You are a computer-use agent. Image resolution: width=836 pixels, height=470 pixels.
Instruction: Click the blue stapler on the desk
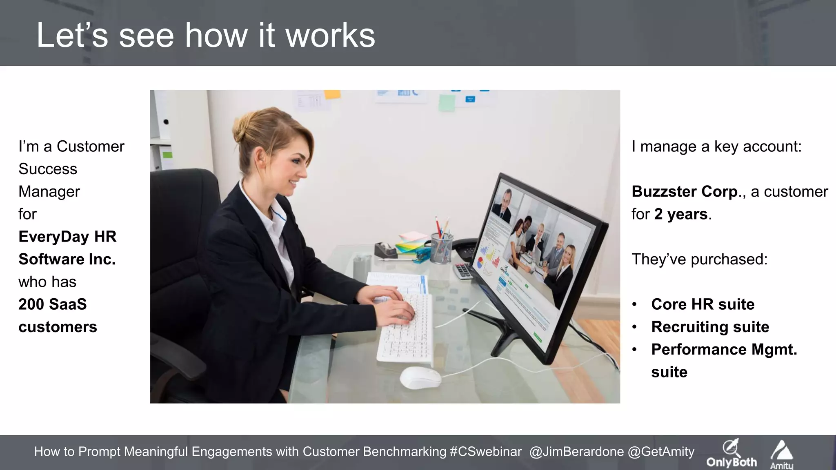click(420, 257)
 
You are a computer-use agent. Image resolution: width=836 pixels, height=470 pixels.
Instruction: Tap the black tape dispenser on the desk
click(385, 249)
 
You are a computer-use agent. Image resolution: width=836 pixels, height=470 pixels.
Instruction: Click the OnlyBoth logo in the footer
click(731, 454)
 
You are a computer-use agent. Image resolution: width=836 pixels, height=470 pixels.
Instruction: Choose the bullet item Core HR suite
click(703, 304)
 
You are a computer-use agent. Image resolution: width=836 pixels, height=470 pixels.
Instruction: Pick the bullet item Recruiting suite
click(710, 327)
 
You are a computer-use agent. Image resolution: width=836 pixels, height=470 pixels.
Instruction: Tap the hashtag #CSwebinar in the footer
click(485, 452)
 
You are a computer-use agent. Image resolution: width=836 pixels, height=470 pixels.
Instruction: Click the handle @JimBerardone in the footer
click(576, 452)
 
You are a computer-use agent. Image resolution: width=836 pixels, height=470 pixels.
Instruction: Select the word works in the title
click(330, 35)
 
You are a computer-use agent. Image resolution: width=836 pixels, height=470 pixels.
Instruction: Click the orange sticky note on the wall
click(332, 94)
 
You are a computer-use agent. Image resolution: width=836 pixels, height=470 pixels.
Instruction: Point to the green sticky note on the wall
click(447, 103)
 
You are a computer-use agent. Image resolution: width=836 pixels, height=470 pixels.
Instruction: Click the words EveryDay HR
click(67, 237)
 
